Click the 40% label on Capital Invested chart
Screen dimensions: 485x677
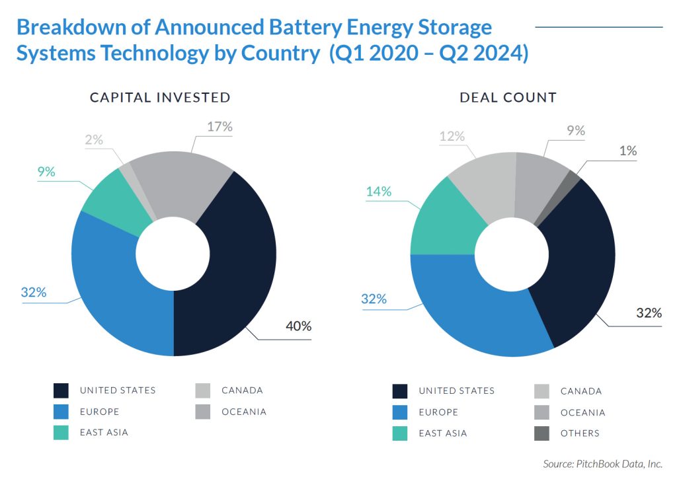(x=298, y=326)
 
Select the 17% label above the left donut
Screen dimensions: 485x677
(x=219, y=127)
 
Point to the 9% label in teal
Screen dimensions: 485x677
(x=46, y=172)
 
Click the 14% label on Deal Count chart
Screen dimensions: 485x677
(x=378, y=192)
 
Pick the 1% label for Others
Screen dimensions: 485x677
(x=629, y=151)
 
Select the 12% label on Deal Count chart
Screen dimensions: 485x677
(x=452, y=136)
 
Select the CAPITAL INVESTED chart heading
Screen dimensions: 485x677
(x=160, y=98)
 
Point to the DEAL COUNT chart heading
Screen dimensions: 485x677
(x=508, y=98)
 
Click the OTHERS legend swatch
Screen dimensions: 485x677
(x=541, y=433)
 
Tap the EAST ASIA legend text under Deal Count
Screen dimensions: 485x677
(x=442, y=433)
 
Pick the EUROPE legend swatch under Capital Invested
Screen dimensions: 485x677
(x=61, y=412)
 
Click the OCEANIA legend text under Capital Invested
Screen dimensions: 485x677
(x=244, y=412)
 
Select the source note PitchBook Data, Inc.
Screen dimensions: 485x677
(x=602, y=465)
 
